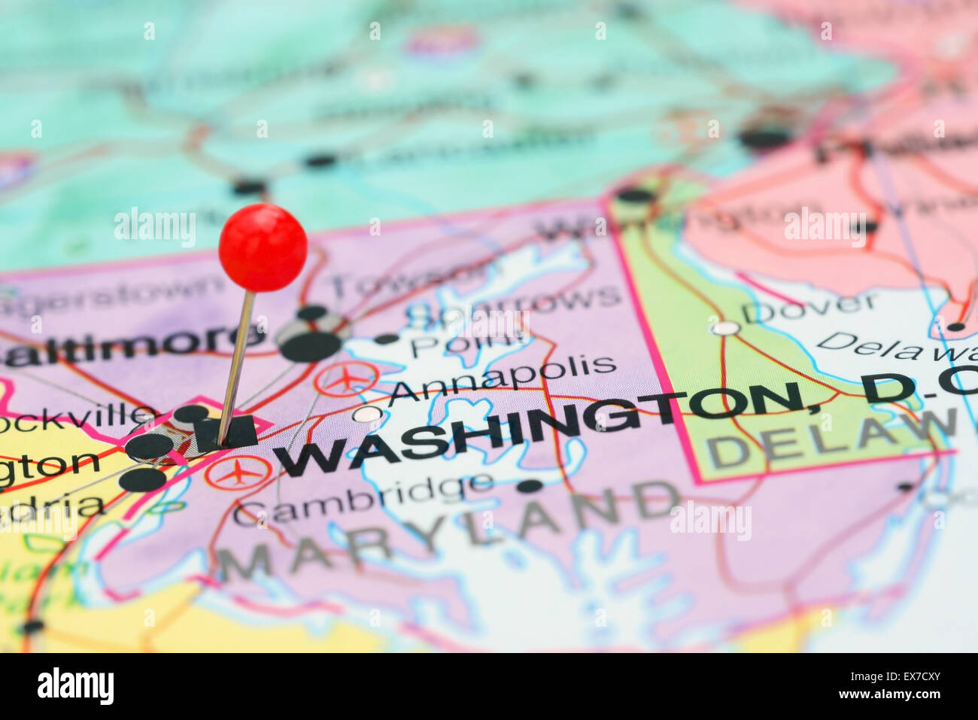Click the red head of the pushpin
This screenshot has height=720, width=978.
click(263, 247)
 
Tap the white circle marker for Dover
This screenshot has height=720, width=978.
click(725, 328)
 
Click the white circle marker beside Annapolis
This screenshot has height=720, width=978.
click(366, 414)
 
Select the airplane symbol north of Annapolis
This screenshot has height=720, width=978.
click(346, 378)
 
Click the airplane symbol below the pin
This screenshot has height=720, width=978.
click(238, 472)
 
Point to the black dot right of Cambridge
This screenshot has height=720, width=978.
click(530, 486)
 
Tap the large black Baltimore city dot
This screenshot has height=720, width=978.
click(310, 346)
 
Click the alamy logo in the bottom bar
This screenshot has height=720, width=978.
click(75, 686)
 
